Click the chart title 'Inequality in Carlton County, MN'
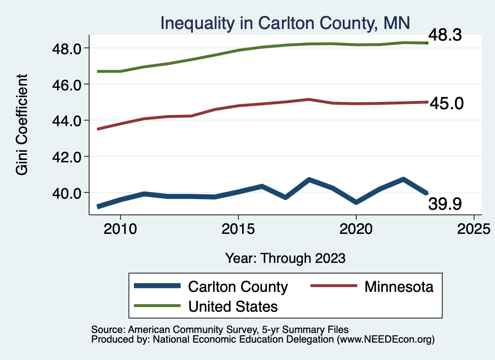(x=285, y=23)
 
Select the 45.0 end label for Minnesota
(x=447, y=103)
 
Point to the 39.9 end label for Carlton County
(x=445, y=204)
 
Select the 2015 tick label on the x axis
(x=238, y=228)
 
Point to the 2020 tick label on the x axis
(x=356, y=228)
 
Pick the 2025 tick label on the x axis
(x=474, y=228)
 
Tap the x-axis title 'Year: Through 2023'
(x=285, y=258)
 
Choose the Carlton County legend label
(x=238, y=287)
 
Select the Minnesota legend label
(x=399, y=287)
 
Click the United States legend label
(x=233, y=306)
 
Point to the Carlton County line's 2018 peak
(x=309, y=180)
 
